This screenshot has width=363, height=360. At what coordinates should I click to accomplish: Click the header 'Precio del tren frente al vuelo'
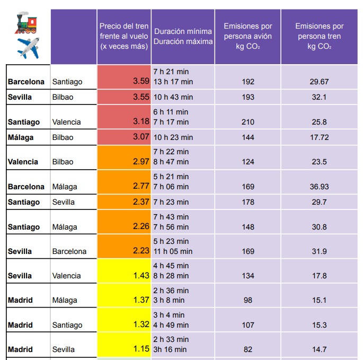tap(124, 36)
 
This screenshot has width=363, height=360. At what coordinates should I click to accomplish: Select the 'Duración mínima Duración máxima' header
tap(183, 36)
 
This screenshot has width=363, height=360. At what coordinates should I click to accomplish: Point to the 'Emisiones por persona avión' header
tap(248, 36)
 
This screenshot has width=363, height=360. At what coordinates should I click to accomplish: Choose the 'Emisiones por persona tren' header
tap(320, 36)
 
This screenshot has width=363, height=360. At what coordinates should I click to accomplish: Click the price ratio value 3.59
tap(141, 82)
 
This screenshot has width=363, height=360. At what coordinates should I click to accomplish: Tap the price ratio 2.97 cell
tap(141, 162)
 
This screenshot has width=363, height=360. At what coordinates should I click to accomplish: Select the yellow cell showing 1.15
tap(141, 349)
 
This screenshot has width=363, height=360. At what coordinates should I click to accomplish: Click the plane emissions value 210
tap(248, 122)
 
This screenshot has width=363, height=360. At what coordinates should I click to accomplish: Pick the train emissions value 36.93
tap(320, 187)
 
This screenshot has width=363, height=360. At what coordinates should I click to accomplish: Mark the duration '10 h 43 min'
tap(173, 97)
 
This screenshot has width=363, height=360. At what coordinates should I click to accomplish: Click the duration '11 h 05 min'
tap(173, 251)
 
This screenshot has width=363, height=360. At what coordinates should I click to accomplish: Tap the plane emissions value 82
tap(248, 349)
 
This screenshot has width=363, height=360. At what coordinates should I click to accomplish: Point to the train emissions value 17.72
tap(320, 137)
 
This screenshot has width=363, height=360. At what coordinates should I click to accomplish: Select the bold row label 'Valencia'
tap(23, 162)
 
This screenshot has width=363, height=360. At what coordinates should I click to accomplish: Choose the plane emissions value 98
tap(248, 300)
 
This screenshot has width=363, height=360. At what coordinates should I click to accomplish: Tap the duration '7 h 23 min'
tap(171, 202)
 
